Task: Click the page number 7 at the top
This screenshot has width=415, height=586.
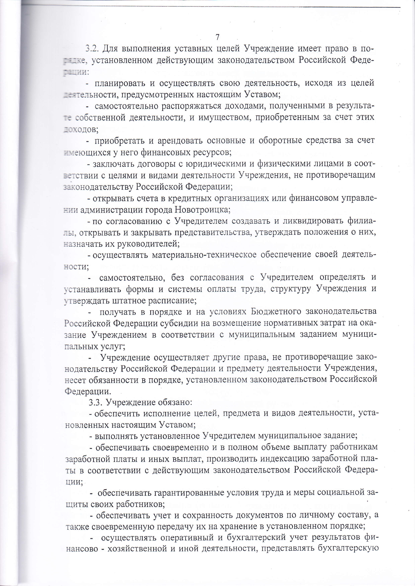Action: click(x=218, y=37)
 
